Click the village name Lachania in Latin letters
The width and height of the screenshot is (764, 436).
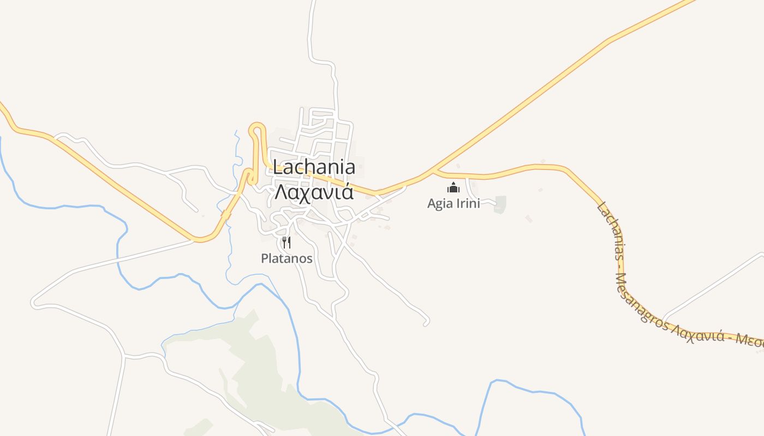[314, 167]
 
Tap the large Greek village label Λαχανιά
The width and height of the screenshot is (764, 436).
[314, 192]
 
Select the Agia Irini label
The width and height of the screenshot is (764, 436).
[453, 203]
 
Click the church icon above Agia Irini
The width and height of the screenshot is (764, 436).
[453, 188]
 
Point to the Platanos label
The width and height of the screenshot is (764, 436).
[286, 258]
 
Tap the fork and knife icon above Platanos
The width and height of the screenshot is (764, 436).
[286, 242]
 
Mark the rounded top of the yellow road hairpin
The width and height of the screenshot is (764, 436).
[257, 128]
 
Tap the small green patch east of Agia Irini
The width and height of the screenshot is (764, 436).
[500, 204]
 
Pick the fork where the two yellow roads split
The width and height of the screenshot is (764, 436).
[433, 172]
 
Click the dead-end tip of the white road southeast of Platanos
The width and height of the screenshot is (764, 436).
[426, 325]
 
